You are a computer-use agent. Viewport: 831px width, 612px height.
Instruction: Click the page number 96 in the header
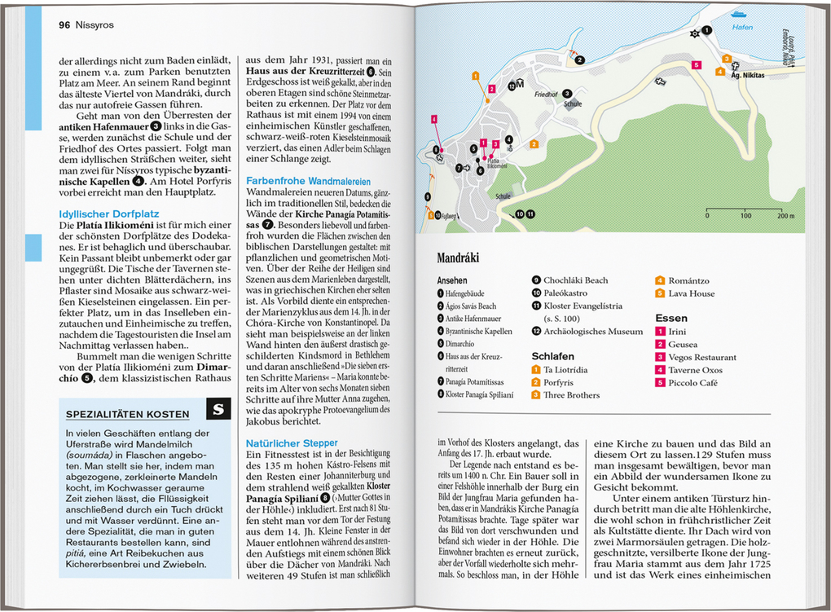(x=64, y=25)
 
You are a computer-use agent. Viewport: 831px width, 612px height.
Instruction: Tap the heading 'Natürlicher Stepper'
(x=291, y=442)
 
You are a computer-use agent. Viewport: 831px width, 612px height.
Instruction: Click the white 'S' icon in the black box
(x=218, y=410)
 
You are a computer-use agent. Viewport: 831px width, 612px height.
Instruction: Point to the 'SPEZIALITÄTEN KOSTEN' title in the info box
(x=127, y=414)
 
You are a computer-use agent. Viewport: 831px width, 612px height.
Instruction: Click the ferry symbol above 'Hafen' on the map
(x=738, y=13)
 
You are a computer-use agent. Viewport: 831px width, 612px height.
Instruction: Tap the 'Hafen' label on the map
(x=743, y=27)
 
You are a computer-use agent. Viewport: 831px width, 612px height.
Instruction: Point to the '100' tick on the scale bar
(x=745, y=216)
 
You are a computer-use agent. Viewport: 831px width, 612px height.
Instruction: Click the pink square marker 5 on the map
(x=696, y=64)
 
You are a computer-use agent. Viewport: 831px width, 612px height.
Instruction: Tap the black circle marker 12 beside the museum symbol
(x=511, y=85)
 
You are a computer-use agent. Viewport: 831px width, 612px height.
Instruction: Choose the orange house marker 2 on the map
(x=534, y=144)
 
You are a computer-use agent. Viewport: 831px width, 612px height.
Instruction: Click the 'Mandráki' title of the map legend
(x=458, y=258)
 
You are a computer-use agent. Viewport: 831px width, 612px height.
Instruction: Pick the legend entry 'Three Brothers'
(x=571, y=395)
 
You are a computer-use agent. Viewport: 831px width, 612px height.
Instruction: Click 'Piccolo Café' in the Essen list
(x=695, y=382)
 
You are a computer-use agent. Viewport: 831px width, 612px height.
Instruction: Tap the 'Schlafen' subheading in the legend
(x=553, y=356)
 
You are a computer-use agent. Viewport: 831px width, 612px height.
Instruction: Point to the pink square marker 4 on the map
(x=434, y=119)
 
